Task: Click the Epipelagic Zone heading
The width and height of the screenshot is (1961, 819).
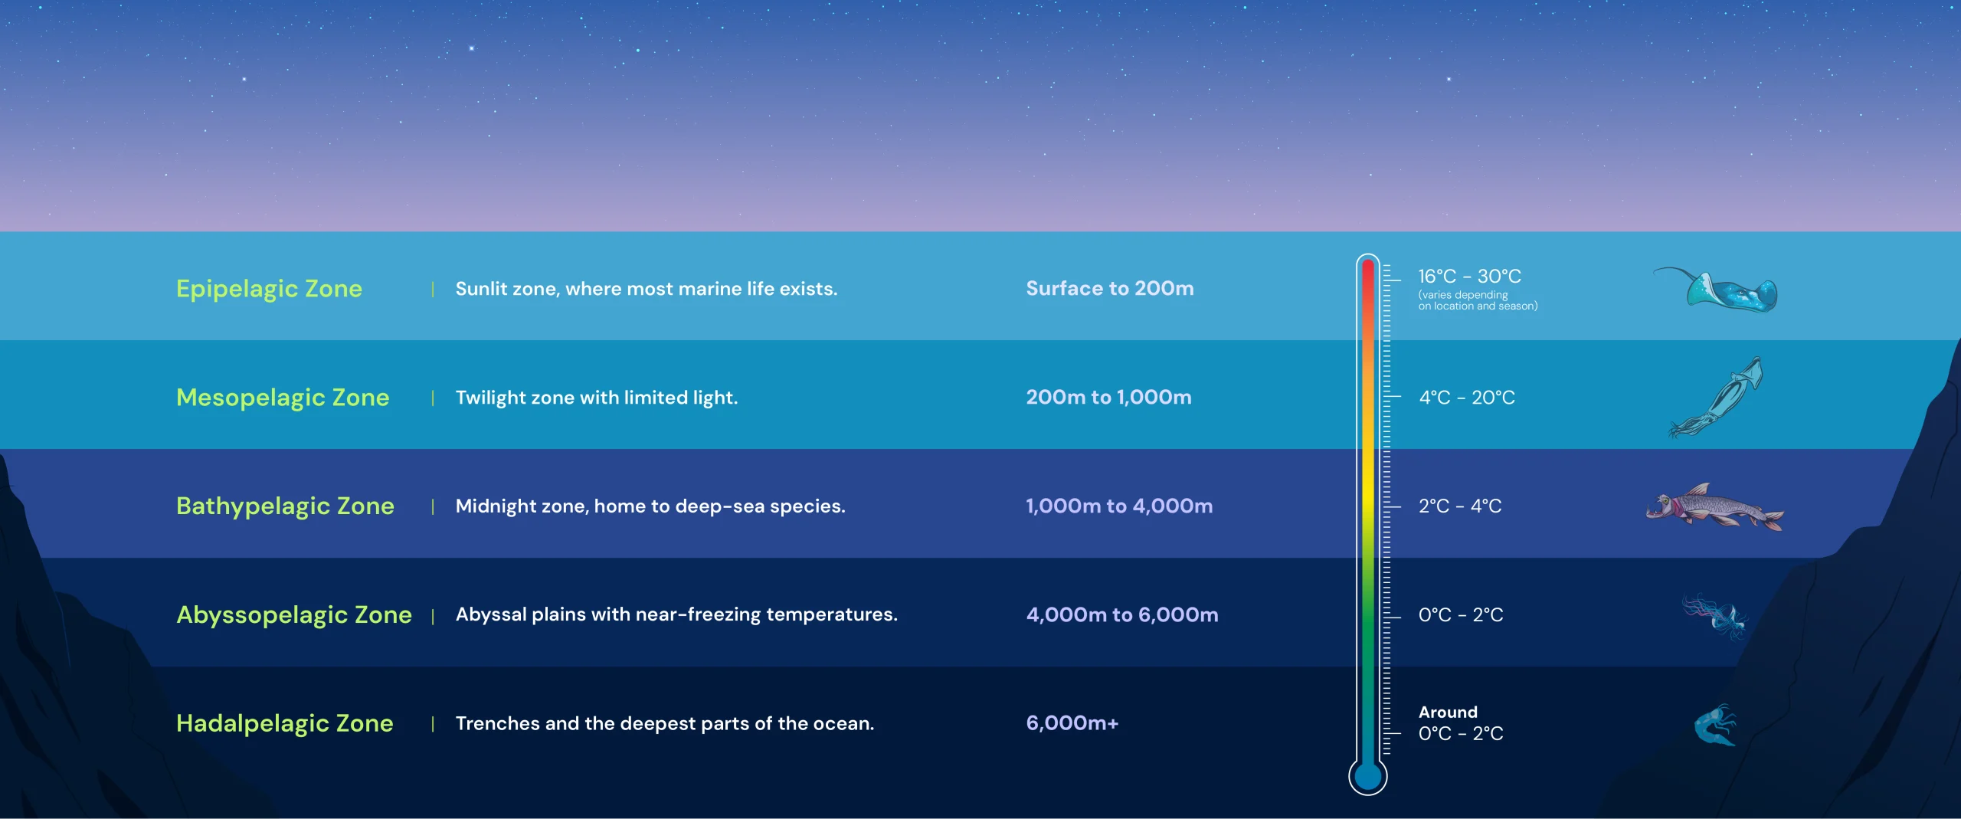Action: click(269, 289)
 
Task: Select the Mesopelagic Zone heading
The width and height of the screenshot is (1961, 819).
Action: click(283, 398)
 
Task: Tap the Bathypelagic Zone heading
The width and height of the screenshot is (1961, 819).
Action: click(285, 506)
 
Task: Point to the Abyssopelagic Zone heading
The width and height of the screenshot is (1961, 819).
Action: click(294, 615)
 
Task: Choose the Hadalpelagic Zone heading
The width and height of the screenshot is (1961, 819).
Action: click(284, 723)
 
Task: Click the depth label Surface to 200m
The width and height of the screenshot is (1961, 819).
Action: click(1110, 288)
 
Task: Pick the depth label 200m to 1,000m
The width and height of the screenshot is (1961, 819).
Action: click(1108, 397)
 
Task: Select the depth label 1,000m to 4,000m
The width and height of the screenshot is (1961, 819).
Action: click(1119, 506)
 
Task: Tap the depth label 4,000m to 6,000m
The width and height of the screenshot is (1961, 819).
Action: click(1122, 614)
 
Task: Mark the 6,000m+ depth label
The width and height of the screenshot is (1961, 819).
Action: click(1072, 722)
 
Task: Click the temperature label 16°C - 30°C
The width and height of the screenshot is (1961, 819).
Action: click(1469, 276)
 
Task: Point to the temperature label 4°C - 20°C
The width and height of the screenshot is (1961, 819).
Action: click(1467, 398)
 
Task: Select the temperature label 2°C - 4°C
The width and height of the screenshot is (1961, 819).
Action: click(1460, 506)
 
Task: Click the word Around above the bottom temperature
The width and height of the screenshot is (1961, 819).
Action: click(1448, 712)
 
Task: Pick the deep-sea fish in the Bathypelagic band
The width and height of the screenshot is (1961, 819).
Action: click(1714, 506)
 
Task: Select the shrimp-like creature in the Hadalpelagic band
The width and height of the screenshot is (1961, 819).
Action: click(1715, 725)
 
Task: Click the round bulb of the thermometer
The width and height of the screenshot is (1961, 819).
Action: click(1368, 776)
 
